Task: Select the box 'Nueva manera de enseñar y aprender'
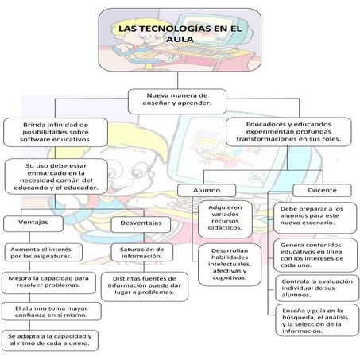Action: [180, 100]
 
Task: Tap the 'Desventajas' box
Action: [140, 223]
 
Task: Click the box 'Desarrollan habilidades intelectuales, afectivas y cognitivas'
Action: [229, 264]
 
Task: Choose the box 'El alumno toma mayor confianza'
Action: [49, 310]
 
